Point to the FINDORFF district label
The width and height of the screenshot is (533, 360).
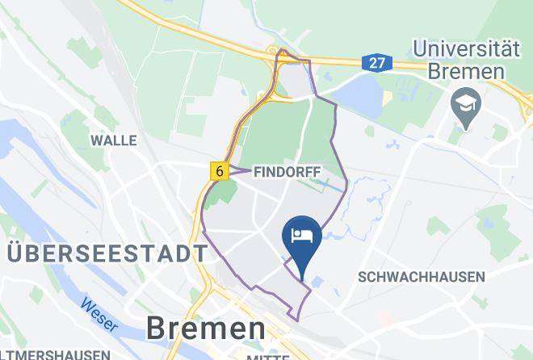pos(287,172)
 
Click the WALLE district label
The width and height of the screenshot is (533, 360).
pos(113,140)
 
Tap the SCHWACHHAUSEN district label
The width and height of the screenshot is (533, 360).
pos(421,277)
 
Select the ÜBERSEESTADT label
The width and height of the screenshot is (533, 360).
pos(107,253)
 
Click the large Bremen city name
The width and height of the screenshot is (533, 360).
pos(206,328)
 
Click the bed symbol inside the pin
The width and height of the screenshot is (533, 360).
pos(302,235)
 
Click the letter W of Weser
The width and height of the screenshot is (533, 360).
pos(86,306)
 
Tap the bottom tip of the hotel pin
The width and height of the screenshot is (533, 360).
pos(302,279)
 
